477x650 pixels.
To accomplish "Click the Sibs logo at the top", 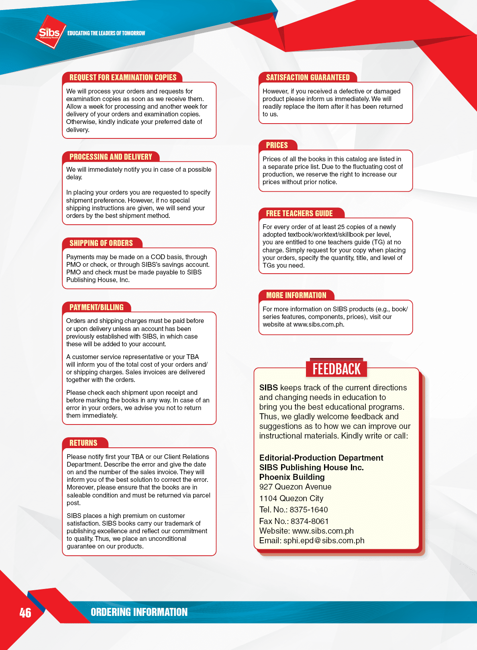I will pos(50,32).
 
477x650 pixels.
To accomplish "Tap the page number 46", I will pos(25,613).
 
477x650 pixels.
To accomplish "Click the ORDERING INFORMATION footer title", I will pos(139,612).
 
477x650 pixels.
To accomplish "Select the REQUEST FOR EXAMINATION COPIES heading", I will pos(123,77).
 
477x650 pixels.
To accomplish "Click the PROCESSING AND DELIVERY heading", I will pos(111,157).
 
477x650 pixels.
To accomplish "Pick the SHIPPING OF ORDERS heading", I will pos(101,243).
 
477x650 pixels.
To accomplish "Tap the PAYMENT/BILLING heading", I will pos(96,307).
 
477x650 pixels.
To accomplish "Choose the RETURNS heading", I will pos(83,443).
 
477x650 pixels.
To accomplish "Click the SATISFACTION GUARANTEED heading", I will pos(308,77).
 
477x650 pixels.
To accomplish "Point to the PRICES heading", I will pos(277,145).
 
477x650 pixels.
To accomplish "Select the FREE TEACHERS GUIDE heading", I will pos(299,213).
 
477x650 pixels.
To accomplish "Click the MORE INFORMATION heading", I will pos(296,295).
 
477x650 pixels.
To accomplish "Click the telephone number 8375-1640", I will pos(309,510).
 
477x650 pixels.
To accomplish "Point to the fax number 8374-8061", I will pos(310,521).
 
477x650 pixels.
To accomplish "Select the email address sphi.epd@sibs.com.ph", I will pos(324,540).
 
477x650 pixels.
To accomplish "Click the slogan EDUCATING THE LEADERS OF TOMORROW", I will pos(106,33).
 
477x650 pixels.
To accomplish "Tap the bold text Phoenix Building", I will pos(292,477).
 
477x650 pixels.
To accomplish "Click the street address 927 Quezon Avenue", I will pos(295,487).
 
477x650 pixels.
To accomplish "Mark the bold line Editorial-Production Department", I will pos(321,458).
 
